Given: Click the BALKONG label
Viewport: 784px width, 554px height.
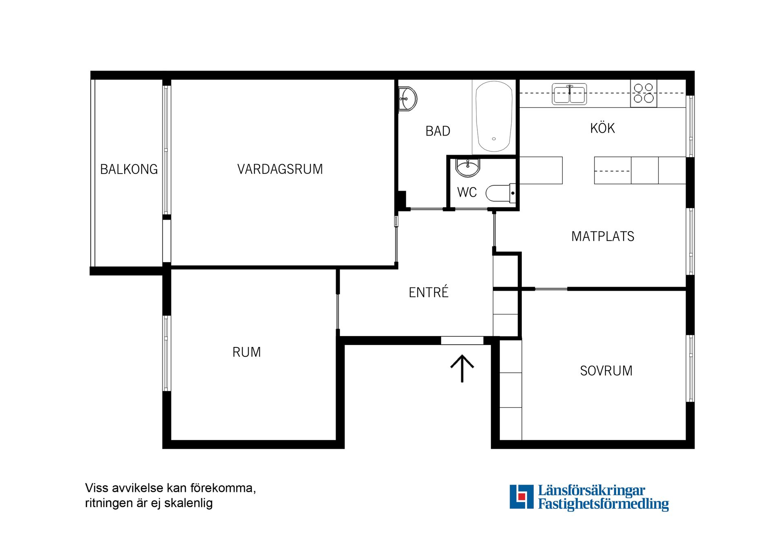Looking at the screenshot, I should [x=129, y=169].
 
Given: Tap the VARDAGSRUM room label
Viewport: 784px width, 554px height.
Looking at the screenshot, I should [x=280, y=169].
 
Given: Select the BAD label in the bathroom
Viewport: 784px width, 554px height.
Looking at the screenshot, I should [x=438, y=131].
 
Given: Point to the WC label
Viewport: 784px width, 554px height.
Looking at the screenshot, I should [x=467, y=192].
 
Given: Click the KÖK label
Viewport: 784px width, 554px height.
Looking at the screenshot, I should [x=602, y=128].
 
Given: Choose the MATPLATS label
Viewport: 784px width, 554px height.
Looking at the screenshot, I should [x=603, y=236].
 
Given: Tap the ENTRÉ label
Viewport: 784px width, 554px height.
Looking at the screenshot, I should [x=428, y=292].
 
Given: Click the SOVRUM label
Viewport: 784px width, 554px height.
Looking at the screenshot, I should [x=606, y=371].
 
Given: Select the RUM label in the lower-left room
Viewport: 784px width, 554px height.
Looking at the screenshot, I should [x=246, y=352].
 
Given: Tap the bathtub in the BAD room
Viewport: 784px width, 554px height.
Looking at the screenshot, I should [x=494, y=116].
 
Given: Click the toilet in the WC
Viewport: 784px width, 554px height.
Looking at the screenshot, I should [x=500, y=193].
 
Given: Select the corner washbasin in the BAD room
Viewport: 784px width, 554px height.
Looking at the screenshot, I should [x=407, y=99].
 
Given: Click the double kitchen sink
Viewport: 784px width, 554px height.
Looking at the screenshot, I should [x=569, y=94].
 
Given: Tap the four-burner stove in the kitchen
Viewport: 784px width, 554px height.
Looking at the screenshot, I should [x=644, y=93].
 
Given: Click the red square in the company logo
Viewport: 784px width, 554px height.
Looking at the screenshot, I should [x=521, y=497].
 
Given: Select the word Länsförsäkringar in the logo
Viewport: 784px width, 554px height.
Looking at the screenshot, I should [x=591, y=490].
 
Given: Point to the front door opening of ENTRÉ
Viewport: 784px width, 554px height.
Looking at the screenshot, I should [x=462, y=340].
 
